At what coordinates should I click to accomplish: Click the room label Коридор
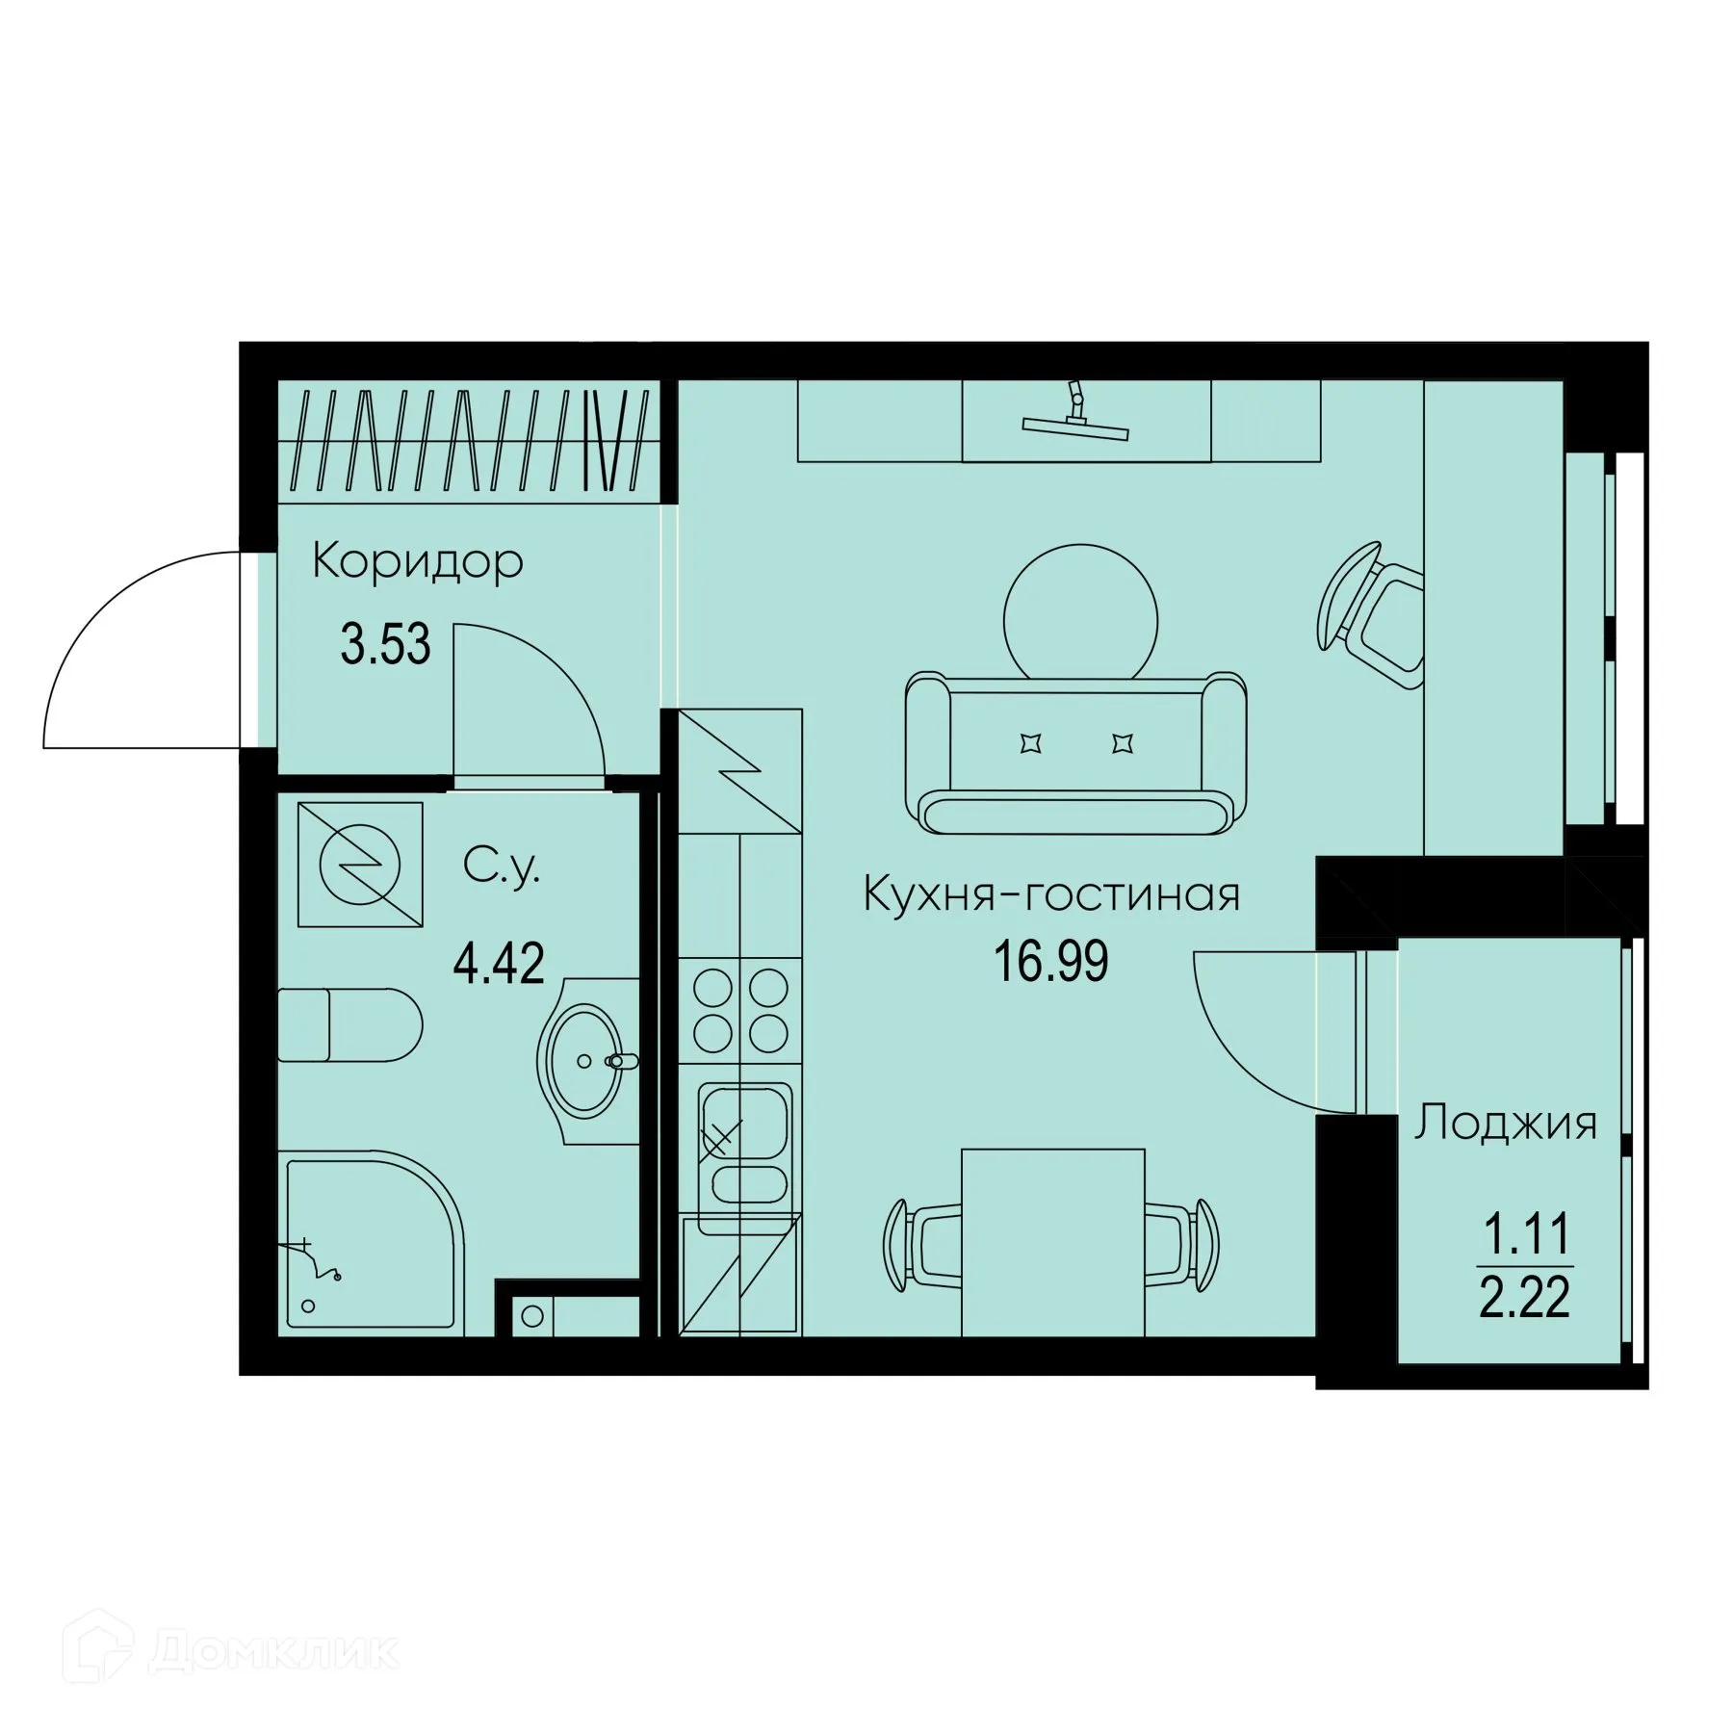coord(417,561)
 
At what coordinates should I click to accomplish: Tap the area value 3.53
coord(385,644)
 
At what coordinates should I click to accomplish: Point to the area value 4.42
coord(499,963)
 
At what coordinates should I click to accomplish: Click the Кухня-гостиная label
coord(1051,895)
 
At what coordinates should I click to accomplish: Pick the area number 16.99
coord(1051,962)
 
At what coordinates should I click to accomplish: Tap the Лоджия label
coord(1506,1124)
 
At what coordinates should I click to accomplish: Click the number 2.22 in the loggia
coord(1525,1298)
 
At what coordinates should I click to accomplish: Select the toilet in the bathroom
coord(350,1024)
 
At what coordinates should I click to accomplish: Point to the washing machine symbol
coord(360,864)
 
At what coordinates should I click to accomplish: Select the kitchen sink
coord(741,1145)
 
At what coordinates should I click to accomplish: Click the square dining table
coord(1053,1241)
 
